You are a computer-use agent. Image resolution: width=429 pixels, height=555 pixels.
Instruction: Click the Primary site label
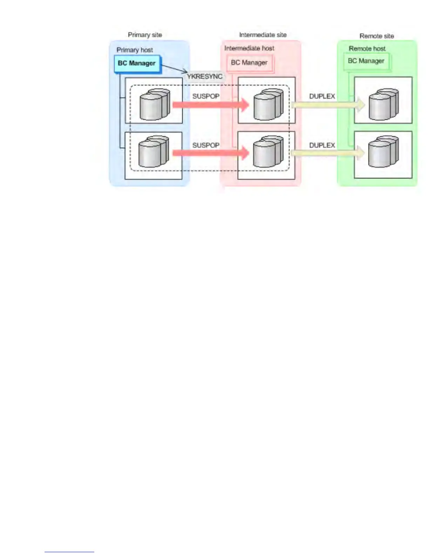pyautogui.click(x=145, y=35)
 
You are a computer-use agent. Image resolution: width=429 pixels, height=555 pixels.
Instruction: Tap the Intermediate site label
pyautogui.click(x=263, y=35)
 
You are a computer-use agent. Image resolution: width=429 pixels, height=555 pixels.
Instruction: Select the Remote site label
pyautogui.click(x=376, y=36)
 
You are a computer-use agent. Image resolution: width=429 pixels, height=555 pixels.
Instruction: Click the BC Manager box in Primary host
pyautogui.click(x=137, y=63)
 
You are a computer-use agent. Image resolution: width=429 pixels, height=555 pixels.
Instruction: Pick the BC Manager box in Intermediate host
pyautogui.click(x=249, y=63)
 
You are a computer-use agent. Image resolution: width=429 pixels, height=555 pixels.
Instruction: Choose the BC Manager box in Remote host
pyautogui.click(x=366, y=61)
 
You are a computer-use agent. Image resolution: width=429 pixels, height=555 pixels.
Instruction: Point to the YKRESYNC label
pyautogui.click(x=205, y=76)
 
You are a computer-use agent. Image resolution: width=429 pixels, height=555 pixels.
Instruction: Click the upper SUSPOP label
pyautogui.click(x=206, y=96)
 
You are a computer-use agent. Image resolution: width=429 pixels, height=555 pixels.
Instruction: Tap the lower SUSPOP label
pyautogui.click(x=206, y=145)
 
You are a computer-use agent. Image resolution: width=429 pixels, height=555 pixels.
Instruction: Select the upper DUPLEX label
pyautogui.click(x=322, y=96)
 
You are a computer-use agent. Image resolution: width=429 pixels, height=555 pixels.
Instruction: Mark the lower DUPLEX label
pyautogui.click(x=322, y=145)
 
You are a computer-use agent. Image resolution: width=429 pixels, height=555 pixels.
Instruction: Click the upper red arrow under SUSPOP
pyautogui.click(x=210, y=104)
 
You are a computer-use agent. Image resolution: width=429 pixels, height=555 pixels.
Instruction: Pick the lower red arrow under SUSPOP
pyautogui.click(x=210, y=152)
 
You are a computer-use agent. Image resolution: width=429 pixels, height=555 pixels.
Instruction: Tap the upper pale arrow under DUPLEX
pyautogui.click(x=328, y=104)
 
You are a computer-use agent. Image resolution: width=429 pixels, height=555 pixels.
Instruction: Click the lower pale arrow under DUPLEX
pyautogui.click(x=328, y=153)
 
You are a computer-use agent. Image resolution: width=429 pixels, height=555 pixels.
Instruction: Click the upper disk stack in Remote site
pyautogui.click(x=383, y=104)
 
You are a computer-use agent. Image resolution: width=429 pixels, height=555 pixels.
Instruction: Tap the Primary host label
pyautogui.click(x=135, y=50)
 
